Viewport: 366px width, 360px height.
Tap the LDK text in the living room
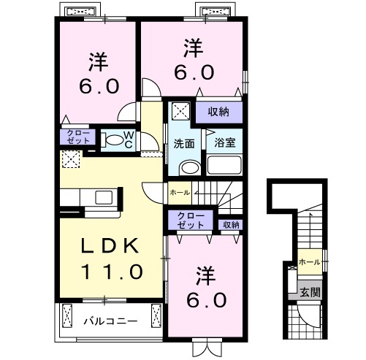(107, 248)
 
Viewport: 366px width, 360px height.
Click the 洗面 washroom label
(184, 143)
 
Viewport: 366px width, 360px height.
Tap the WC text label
(127, 138)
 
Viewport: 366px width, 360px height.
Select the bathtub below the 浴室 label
(224, 164)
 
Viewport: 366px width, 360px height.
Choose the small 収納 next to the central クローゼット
(231, 224)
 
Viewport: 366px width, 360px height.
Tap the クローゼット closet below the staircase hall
(190, 221)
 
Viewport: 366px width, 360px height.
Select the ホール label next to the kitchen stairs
(179, 193)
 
